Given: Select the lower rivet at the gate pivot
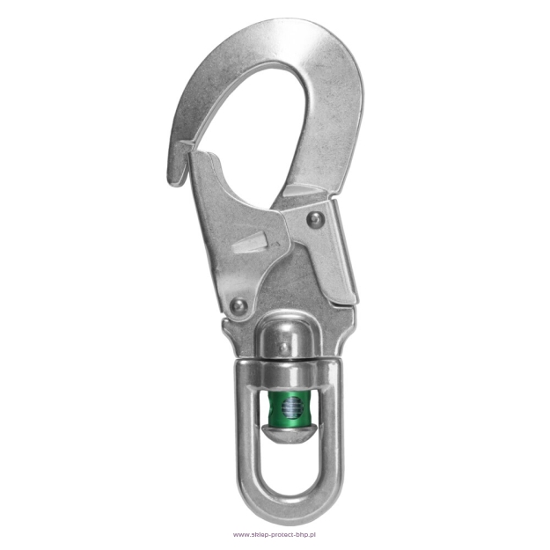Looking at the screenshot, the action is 238,306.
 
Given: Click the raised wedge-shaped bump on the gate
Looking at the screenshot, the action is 249,242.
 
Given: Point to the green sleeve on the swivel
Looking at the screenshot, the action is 290,408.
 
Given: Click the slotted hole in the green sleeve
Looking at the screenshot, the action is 292,407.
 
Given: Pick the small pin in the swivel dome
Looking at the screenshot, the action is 283,348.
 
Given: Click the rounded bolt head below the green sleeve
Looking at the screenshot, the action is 290,434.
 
